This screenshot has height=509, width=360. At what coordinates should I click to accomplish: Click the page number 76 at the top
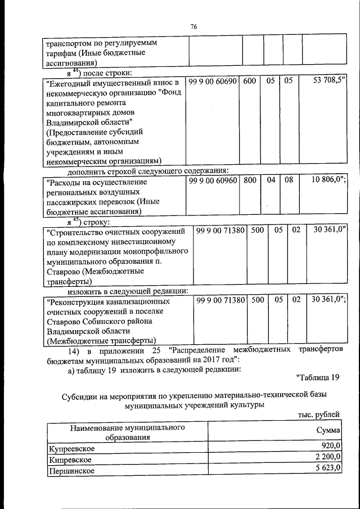[194, 26]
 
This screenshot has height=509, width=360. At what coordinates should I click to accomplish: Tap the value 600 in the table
[250, 82]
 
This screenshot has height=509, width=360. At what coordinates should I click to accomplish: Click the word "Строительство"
[74, 231]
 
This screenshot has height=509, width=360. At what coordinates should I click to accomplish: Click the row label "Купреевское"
[71, 448]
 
